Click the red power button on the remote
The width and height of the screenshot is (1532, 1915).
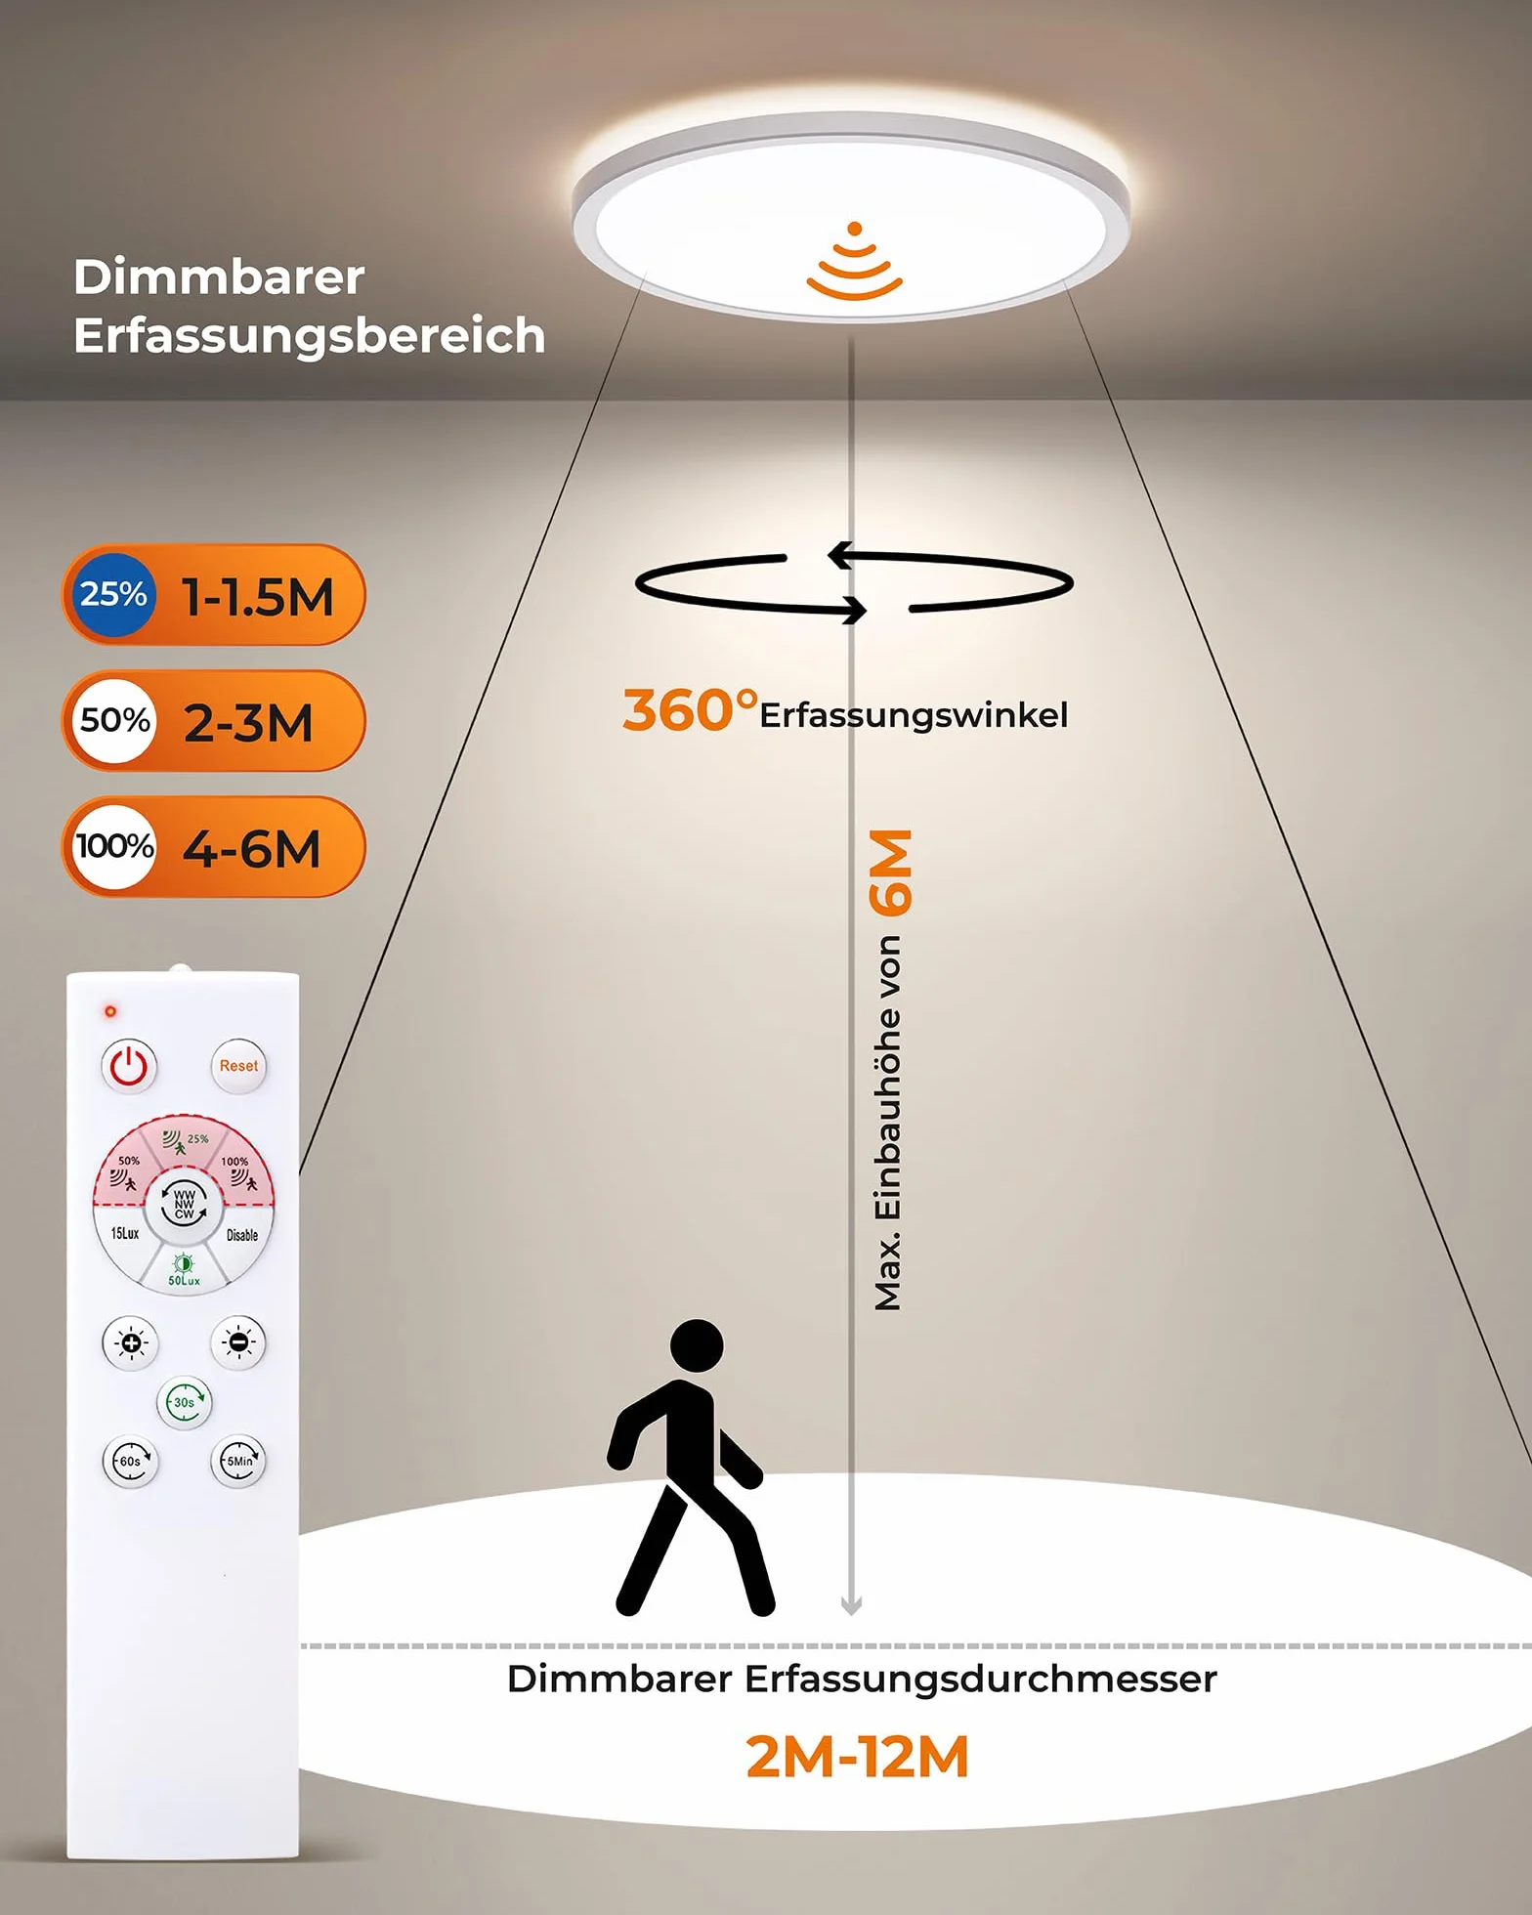click(129, 1066)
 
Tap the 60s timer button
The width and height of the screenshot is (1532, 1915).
click(130, 1461)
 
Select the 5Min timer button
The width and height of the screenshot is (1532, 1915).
click(238, 1461)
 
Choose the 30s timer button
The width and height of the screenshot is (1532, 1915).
click(184, 1402)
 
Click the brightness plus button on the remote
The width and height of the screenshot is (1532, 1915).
click(130, 1342)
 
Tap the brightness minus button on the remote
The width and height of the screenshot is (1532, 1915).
click(238, 1342)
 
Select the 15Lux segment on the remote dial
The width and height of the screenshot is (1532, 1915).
click(123, 1235)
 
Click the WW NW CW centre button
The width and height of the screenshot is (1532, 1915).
click(184, 1204)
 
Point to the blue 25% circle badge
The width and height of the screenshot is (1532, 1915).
click(113, 594)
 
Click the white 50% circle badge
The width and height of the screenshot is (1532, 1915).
click(114, 720)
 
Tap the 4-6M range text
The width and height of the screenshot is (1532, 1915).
click(252, 848)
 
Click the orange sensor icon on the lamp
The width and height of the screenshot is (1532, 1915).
click(854, 261)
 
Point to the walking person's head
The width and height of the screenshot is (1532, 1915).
click(697, 1346)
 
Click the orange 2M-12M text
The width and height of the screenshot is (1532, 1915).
click(857, 1757)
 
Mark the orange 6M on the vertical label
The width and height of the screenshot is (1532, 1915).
click(891, 872)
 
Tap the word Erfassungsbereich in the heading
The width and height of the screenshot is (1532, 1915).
click(309, 335)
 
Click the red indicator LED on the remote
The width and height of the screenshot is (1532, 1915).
click(110, 1010)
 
